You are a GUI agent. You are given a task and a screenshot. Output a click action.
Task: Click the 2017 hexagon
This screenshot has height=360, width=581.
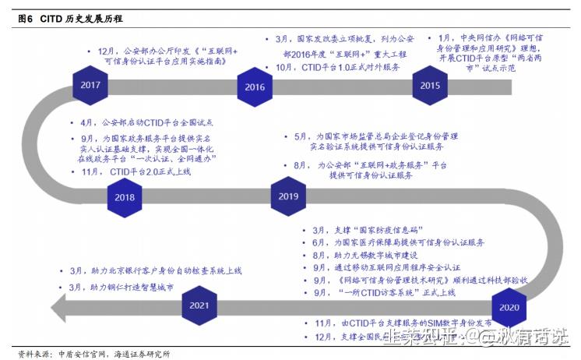tap(90, 84)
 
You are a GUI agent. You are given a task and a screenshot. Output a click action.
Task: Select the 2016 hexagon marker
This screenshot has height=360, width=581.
tap(255, 86)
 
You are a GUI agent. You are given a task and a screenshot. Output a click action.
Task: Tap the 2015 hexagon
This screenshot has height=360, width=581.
tap(430, 85)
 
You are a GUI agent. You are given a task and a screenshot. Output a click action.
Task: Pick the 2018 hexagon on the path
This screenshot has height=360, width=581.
tap(125, 196)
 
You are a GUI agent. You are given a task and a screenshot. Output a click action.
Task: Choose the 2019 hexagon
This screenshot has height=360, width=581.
tap(289, 196)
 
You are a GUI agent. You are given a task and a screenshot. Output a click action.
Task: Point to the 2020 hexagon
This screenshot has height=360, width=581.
tap(509, 307)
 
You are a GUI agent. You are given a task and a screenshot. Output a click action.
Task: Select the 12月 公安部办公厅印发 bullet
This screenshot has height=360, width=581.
tap(160, 57)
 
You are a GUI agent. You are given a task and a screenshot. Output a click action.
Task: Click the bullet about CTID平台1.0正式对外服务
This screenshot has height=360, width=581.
tap(339, 68)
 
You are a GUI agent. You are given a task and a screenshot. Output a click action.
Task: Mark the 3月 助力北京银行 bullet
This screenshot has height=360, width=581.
tap(156, 270)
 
